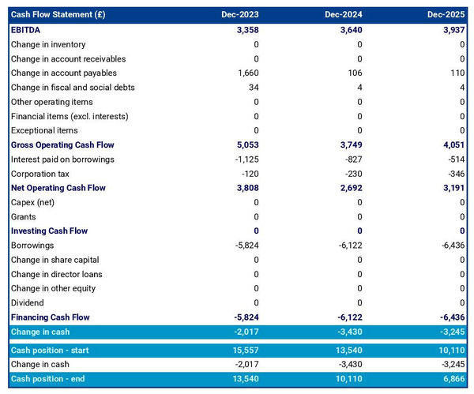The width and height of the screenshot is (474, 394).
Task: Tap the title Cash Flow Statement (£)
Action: (x=58, y=15)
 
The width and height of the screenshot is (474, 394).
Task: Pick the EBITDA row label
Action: (x=27, y=30)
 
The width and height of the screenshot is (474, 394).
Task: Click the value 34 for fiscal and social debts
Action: (x=253, y=88)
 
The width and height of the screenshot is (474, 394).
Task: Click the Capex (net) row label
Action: (x=34, y=203)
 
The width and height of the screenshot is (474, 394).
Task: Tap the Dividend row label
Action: (x=28, y=302)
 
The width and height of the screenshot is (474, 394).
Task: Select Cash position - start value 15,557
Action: (x=244, y=350)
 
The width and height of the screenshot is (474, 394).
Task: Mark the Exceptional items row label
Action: (x=44, y=130)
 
